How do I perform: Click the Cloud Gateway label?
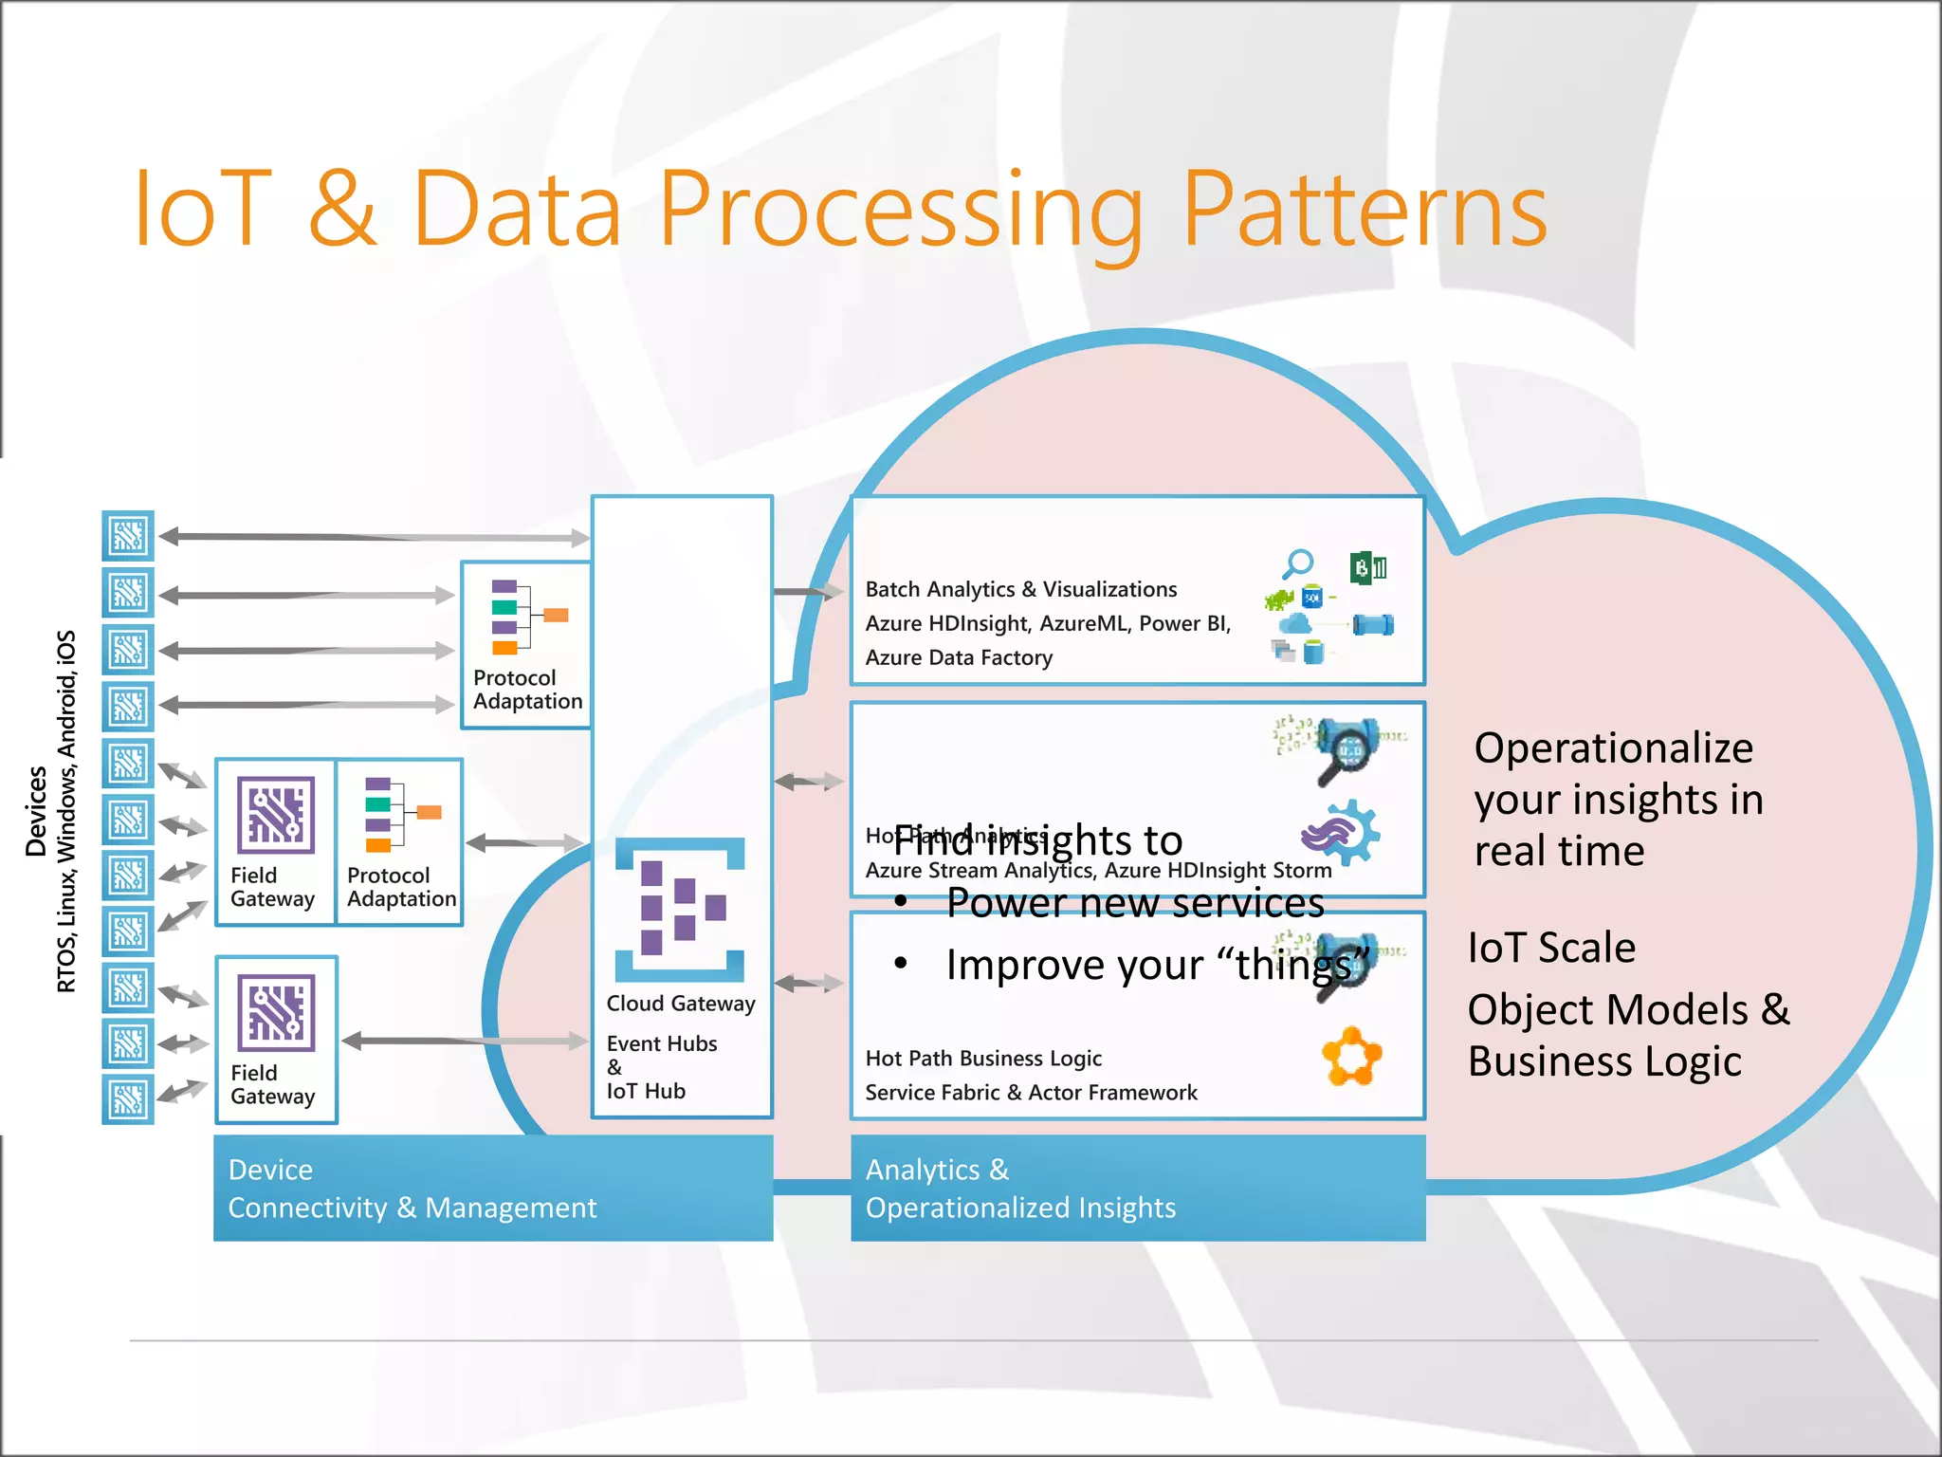(680, 1004)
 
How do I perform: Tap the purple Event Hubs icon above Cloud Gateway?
(680, 909)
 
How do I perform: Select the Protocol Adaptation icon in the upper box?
(527, 617)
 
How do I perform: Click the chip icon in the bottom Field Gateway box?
(276, 1013)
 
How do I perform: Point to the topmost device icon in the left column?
(128, 536)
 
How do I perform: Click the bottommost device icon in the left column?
(128, 1100)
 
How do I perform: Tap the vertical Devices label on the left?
(37, 811)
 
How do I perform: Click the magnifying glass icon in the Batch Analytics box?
(1297, 563)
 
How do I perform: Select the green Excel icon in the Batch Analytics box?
(1367, 568)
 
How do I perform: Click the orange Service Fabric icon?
(1351, 1056)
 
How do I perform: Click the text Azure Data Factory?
(958, 657)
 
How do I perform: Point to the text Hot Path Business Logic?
(982, 1058)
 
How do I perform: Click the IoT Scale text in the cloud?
(1551, 948)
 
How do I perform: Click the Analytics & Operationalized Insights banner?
(1137, 1188)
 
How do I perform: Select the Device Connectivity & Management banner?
(493, 1188)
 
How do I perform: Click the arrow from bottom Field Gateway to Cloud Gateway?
(465, 1041)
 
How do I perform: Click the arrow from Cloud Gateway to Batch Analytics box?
(809, 592)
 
